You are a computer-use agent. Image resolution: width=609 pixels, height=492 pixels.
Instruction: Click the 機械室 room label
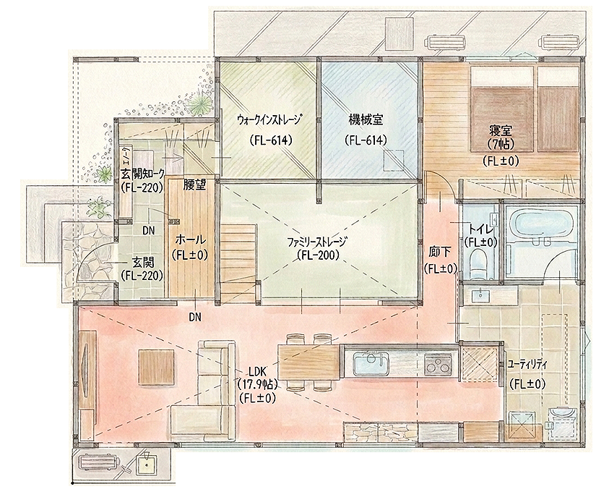pos(366,120)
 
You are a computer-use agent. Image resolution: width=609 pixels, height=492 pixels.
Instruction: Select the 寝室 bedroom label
pos(501,131)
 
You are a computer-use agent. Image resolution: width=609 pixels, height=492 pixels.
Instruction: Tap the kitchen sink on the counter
pos(371,363)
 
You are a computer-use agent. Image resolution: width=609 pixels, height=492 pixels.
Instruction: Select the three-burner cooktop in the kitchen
pos(438,363)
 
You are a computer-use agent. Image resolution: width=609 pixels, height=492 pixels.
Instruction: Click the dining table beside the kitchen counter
pos(309,362)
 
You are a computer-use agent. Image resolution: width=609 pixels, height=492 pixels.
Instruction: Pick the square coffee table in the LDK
pos(156,367)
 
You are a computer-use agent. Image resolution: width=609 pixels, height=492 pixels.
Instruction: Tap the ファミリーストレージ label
pos(316,242)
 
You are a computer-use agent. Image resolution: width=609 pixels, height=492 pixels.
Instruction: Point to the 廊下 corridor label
pos(440,253)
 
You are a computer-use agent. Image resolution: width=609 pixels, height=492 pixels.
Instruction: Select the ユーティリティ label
pos(527,365)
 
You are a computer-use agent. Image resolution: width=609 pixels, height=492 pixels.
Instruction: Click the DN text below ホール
pos(195,318)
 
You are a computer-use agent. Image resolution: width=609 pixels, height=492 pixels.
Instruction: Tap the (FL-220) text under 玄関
pos(142,276)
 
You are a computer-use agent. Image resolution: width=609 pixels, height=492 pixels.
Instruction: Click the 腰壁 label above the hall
pos(194,185)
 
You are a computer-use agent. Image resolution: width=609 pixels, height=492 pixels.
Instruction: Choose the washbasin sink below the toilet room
pos(481,296)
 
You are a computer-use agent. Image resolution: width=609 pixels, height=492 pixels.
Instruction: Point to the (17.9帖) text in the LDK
pos(257,385)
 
